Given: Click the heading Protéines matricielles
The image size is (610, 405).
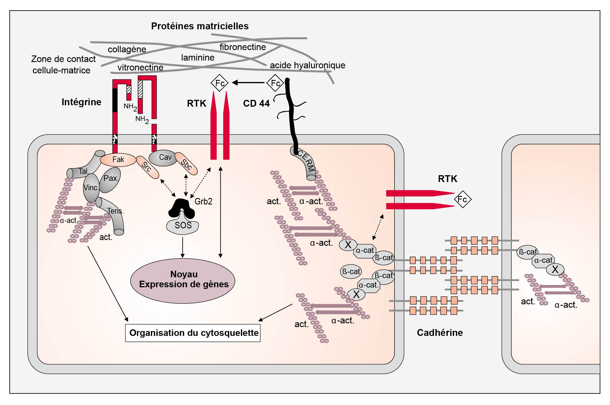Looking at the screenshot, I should coord(200,26).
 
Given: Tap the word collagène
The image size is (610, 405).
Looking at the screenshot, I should coord(127,49).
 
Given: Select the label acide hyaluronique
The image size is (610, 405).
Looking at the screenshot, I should coord(307,65).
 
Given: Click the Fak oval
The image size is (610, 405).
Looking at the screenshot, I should coord(118,160).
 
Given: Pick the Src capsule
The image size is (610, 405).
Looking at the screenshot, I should coord(147,167).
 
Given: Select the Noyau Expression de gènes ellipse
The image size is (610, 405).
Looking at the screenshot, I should coord(183,280).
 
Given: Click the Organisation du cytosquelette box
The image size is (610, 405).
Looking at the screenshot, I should coord(193,333).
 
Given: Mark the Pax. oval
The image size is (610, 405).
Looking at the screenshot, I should coord(110,179).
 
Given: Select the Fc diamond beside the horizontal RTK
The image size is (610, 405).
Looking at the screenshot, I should coord(463,199).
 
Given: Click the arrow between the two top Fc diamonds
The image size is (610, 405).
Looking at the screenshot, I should coord(248,83).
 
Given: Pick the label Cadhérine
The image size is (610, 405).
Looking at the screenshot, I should coord(440,332).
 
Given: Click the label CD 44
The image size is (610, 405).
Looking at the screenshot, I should coord(256,104).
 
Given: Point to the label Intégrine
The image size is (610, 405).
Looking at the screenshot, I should coord(81,102).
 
